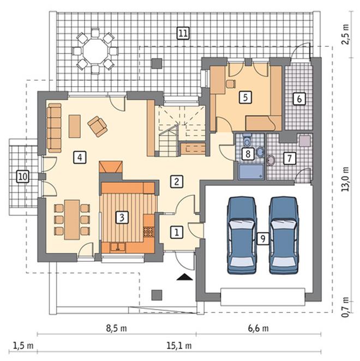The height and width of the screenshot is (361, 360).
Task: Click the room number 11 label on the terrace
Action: [x=183, y=33]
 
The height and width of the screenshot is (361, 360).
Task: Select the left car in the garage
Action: [x=242, y=235]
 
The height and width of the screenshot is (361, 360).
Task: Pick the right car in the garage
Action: [x=284, y=235]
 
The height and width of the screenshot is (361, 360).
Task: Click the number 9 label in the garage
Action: [x=263, y=238]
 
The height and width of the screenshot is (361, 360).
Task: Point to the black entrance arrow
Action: [x=184, y=277]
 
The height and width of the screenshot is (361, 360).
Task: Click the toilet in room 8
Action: [x=248, y=140]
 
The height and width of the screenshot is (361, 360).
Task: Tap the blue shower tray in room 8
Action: [x=251, y=172]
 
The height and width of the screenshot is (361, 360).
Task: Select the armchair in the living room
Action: [x=98, y=126]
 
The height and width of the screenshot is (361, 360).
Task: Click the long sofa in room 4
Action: [x=55, y=128]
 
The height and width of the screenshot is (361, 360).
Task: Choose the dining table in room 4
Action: [x=72, y=220]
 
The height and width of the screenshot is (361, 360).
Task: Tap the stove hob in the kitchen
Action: [x=148, y=232]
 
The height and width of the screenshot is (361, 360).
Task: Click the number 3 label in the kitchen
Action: [x=122, y=217]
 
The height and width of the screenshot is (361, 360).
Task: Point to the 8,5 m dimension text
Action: [x=117, y=328]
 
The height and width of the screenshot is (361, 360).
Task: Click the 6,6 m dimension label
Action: [x=259, y=328]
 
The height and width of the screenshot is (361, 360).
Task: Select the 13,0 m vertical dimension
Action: [x=345, y=179]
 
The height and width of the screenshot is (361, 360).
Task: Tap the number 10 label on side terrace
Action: [x=23, y=177]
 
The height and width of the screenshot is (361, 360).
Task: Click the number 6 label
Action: [x=299, y=99]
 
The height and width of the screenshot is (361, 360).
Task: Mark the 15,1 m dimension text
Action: [x=179, y=346]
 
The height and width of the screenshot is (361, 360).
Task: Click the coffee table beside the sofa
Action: [x=75, y=127]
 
